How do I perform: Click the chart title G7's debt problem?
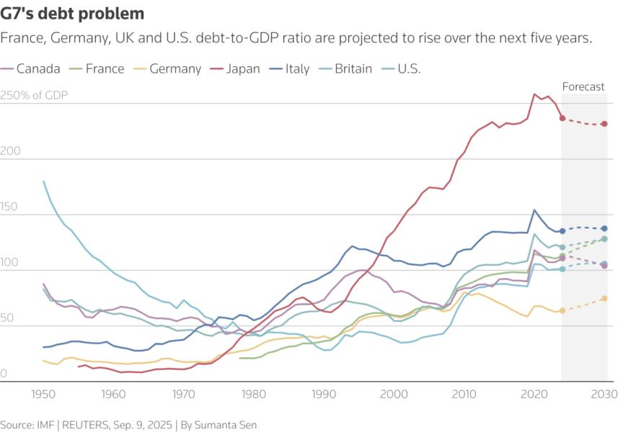pos(73,14)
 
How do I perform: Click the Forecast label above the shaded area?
pos(583,87)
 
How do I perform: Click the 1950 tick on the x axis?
pos(43,395)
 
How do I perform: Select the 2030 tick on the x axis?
pos(604,395)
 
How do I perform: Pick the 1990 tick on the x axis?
pos(324,395)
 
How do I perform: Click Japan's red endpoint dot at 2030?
pos(604,124)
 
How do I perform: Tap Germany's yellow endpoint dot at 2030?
pos(604,298)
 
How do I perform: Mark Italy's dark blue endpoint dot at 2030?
pos(604,228)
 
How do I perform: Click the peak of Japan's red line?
pos(534,94)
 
